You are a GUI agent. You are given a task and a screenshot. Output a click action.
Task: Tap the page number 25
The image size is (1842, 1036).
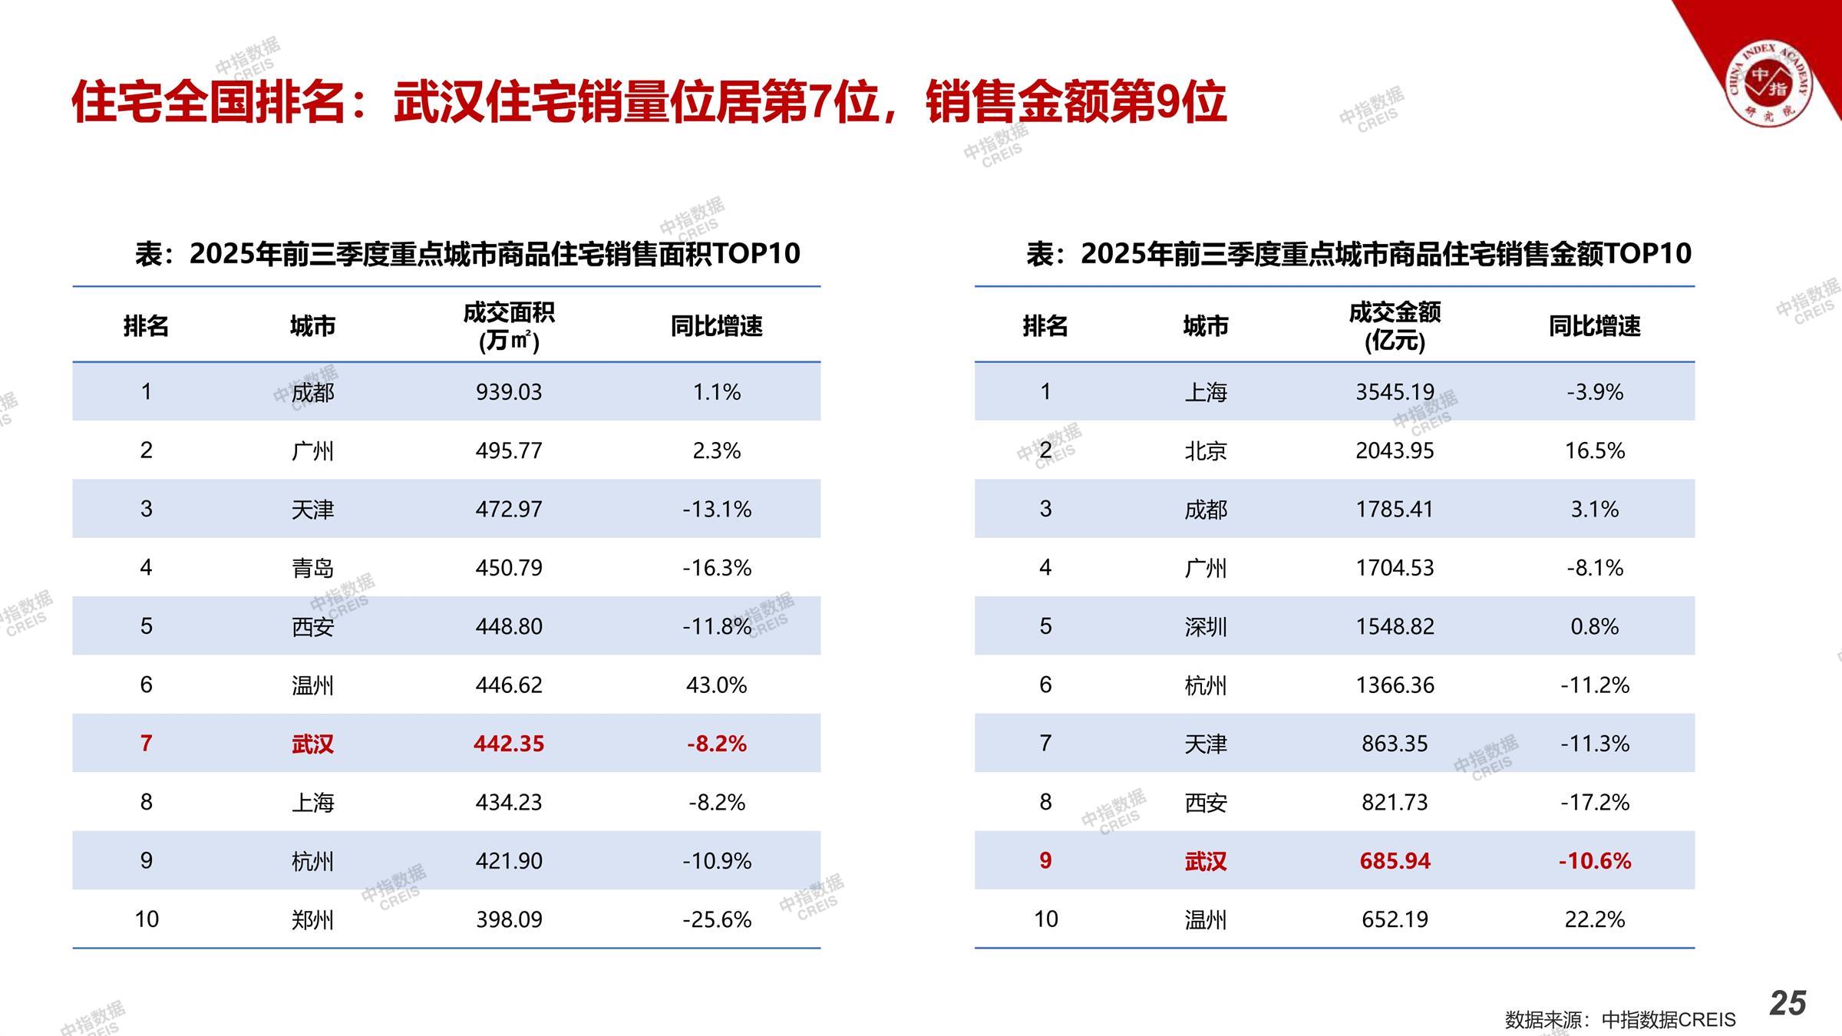tap(1788, 1003)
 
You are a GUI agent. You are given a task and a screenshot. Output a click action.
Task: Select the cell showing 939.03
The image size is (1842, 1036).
tap(508, 392)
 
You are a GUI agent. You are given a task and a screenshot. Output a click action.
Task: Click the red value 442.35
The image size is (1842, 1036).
tap(508, 744)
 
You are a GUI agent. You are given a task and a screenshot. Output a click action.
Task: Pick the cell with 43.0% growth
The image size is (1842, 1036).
tap(716, 685)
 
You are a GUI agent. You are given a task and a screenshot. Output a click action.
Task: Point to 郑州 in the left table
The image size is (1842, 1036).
tap(312, 919)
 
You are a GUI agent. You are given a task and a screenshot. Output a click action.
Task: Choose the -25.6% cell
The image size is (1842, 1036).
tap(716, 919)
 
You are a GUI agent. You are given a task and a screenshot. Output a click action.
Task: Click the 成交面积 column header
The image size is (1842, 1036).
tap(508, 326)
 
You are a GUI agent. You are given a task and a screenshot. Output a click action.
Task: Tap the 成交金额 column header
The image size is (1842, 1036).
tap(1395, 326)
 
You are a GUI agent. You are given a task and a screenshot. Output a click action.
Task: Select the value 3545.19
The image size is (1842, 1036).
tap(1395, 392)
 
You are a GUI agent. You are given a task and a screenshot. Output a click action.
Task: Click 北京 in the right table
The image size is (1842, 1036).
tap(1205, 450)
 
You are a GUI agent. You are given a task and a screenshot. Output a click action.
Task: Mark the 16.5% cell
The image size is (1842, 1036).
tap(1594, 450)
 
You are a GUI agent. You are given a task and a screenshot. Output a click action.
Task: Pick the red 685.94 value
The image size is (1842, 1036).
tap(1395, 861)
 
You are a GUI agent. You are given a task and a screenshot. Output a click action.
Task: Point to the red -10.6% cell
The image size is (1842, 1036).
tap(1594, 861)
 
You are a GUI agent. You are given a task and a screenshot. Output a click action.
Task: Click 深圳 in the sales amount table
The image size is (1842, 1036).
tap(1205, 626)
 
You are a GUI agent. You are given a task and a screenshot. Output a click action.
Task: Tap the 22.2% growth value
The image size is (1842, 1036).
tap(1594, 919)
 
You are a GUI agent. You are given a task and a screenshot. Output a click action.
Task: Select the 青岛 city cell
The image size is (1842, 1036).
tap(312, 568)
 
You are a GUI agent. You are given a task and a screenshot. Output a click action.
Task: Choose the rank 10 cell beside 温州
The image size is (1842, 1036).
tap(1045, 919)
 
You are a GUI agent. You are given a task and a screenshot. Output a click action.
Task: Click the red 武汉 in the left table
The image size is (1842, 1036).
tap(312, 744)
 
